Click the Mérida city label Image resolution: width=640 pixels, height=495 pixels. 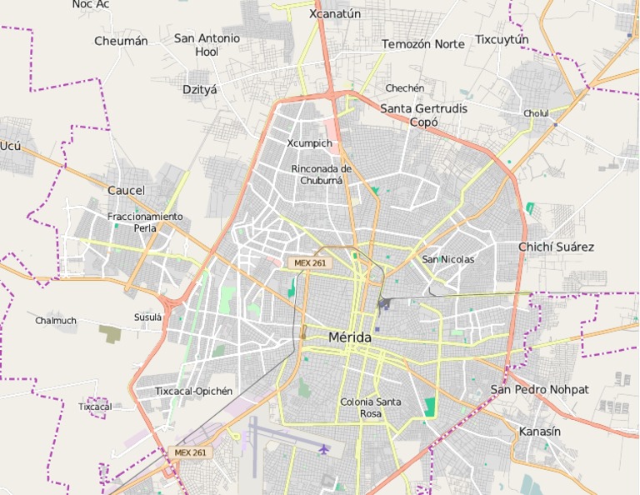pyautogui.click(x=350, y=337)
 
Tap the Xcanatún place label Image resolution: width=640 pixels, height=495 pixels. pyautogui.click(x=335, y=13)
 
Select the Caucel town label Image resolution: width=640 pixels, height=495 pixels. pyautogui.click(x=126, y=190)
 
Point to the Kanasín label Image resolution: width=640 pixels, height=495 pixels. pyautogui.click(x=540, y=432)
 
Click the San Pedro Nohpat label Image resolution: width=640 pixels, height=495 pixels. pyautogui.click(x=539, y=389)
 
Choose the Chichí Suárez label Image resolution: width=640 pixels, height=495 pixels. pyautogui.click(x=556, y=247)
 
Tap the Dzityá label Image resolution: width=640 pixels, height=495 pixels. pyautogui.click(x=199, y=89)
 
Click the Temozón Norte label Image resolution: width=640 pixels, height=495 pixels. pyautogui.click(x=423, y=43)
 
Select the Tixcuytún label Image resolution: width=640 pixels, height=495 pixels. pyautogui.click(x=502, y=39)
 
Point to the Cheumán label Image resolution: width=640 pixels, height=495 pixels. pyautogui.click(x=121, y=41)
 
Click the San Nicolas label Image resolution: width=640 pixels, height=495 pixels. pyautogui.click(x=447, y=259)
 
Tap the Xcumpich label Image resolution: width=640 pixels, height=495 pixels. pyautogui.click(x=309, y=143)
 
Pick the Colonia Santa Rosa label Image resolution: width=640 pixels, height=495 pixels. pyautogui.click(x=370, y=407)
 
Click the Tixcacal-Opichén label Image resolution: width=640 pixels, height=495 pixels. pyautogui.click(x=194, y=391)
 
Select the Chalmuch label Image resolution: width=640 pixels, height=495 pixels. pyautogui.click(x=56, y=320)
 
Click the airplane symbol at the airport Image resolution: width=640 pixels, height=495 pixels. pyautogui.click(x=323, y=449)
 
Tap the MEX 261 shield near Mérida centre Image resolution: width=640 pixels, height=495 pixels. pyautogui.click(x=309, y=262)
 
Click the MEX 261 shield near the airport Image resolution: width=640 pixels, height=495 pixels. pyautogui.click(x=191, y=452)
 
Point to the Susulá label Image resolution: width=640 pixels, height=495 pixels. pyautogui.click(x=147, y=317)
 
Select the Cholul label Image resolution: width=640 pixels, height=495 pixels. pyautogui.click(x=536, y=113)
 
